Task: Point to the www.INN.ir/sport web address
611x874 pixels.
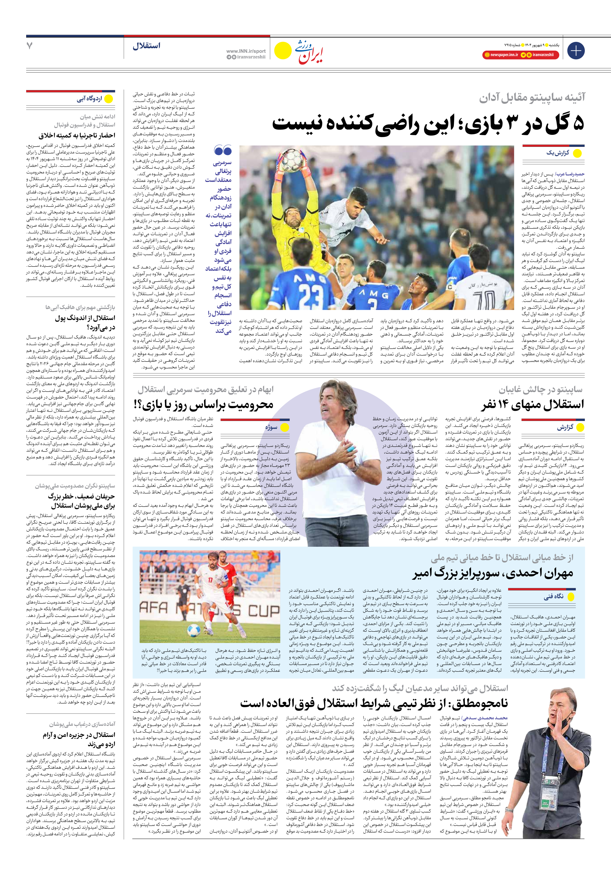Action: pos(246,51)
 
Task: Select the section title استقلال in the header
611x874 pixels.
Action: pos(146,46)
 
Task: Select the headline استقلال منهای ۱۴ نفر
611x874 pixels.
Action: pos(532,404)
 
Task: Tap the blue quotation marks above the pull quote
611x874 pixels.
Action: pos(223,151)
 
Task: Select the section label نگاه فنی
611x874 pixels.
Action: pos(553,596)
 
